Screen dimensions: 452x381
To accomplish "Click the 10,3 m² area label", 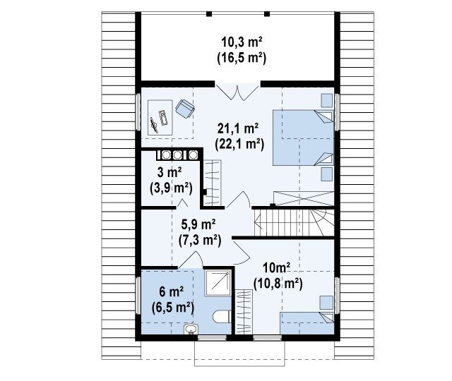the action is point(242,42).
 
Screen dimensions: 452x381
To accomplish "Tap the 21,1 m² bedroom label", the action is point(238,128).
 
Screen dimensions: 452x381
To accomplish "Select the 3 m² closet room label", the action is point(169,172).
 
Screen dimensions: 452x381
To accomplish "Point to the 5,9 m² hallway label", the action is point(198,224).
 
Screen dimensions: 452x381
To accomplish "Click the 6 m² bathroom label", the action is point(172,292).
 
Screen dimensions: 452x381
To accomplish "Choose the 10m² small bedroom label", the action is point(276,268).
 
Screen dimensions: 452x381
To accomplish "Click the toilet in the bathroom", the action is point(222,317).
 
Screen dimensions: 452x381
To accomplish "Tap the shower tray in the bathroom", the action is point(218,283).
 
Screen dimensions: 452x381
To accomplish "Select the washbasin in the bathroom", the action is point(191,329).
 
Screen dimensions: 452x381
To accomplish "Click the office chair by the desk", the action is point(185,109).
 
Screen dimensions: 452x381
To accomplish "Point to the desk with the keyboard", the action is point(160,118).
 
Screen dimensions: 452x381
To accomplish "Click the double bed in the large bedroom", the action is point(303,138).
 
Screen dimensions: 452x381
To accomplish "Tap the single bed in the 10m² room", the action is point(307,323).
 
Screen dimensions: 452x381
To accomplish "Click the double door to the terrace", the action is point(237,92).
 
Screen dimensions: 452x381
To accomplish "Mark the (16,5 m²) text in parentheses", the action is point(242,58).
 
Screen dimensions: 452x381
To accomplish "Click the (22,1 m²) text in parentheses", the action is point(239,144).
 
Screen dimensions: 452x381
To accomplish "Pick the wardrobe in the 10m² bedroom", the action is point(244,312).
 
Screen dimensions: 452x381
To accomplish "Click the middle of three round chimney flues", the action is point(177,155).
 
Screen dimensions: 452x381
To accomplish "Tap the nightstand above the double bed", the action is point(326,100).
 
